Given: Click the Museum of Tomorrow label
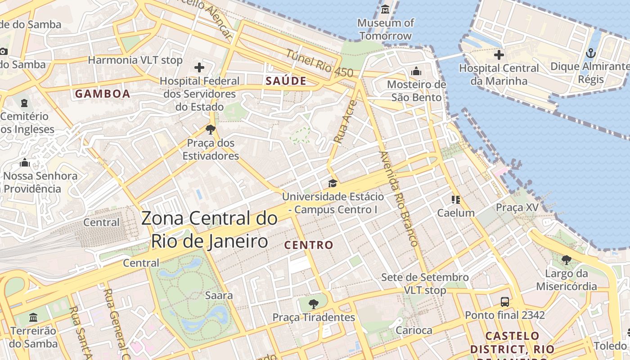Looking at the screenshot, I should pos(385,29).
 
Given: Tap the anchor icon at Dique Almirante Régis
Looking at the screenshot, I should pos(590,54).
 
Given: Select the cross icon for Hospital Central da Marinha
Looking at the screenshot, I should pos(499,55).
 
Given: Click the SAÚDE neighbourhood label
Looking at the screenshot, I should pos(286,81).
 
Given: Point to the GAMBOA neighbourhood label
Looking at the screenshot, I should pos(103,94).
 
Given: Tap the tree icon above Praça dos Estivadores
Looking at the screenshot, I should pos(210,130).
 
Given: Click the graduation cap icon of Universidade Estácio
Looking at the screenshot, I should pos(333,183).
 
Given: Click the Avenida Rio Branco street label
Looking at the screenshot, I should pos(399,198).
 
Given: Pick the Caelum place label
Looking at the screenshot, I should pos(456,213).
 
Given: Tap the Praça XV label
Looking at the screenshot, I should pos(517,207).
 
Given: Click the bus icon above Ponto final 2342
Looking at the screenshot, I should pos(505,302).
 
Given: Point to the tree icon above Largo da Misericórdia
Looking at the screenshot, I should pos(566,260).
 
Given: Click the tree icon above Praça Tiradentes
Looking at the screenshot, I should pos(314,304).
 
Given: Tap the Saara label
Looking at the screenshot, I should pos(219,296).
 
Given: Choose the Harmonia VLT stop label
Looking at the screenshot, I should pos(135,60).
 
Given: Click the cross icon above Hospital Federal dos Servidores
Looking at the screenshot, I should pos(199,68).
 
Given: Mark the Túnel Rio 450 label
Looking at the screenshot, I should pos(319,63).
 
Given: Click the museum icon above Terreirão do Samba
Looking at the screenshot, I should pos(33,318).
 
